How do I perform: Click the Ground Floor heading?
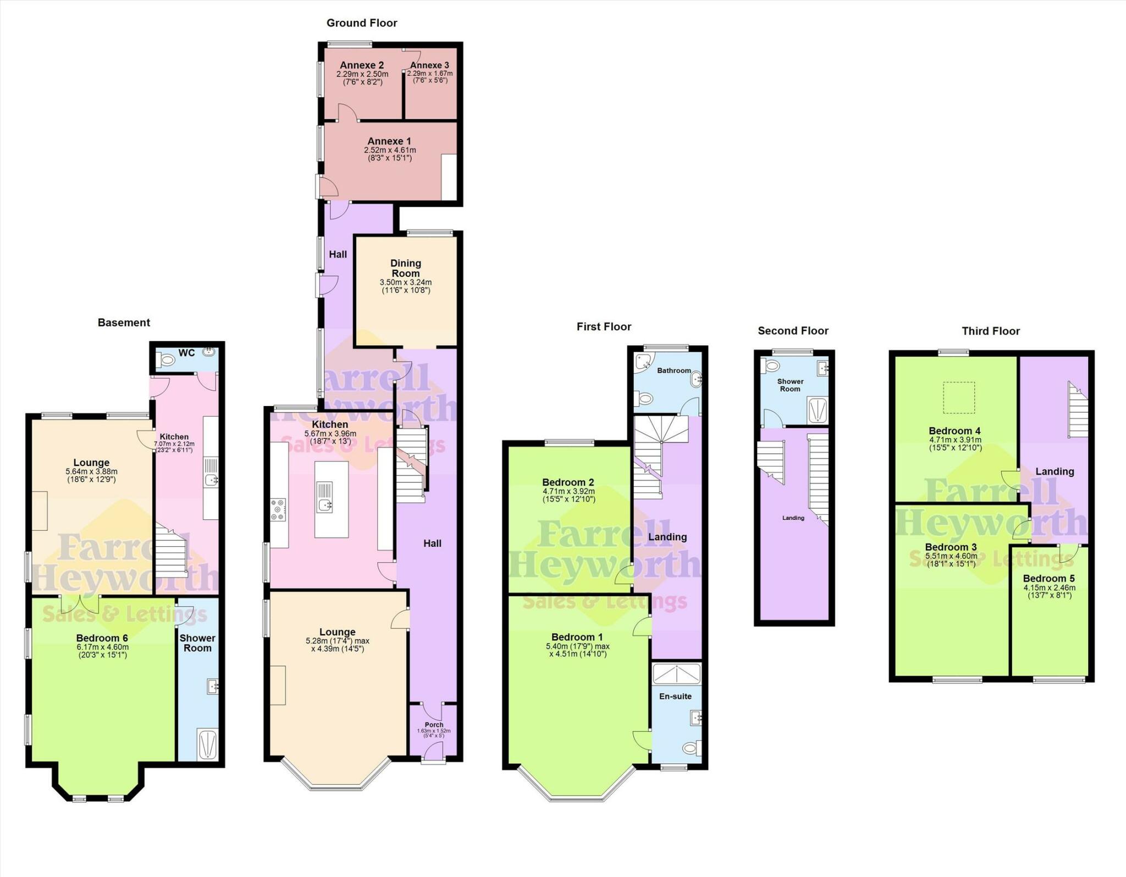tap(361, 23)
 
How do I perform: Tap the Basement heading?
tap(124, 323)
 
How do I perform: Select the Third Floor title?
tap(990, 331)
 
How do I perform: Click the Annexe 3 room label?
tap(429, 65)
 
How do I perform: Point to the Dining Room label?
tap(406, 268)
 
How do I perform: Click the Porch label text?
tap(434, 725)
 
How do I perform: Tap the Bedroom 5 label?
tap(1048, 579)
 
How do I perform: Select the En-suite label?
tap(675, 696)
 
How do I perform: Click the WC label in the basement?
tap(186, 353)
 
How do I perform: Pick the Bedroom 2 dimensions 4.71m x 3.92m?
tap(568, 491)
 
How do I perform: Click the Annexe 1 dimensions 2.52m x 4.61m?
tap(390, 150)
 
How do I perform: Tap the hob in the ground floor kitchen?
tap(278, 509)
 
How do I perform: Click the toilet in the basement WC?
tap(165, 360)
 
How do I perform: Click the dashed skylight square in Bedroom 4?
tap(959, 397)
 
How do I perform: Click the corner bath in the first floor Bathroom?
tap(644, 362)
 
